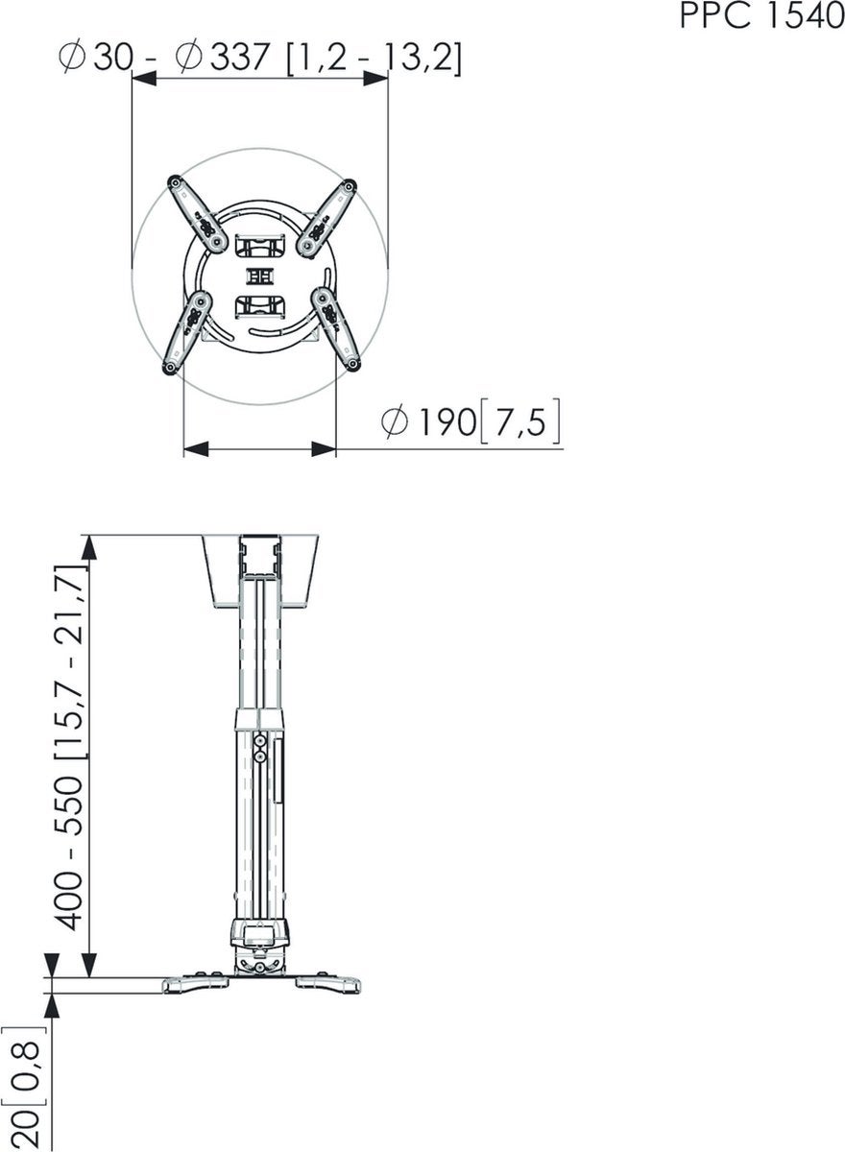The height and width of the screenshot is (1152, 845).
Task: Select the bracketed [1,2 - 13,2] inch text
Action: (x=374, y=60)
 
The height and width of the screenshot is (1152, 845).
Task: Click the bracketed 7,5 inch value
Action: (x=519, y=423)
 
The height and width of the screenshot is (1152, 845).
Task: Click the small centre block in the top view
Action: (x=260, y=276)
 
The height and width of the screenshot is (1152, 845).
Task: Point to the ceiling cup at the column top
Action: (x=261, y=572)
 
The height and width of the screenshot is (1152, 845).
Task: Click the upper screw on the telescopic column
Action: (x=260, y=740)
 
